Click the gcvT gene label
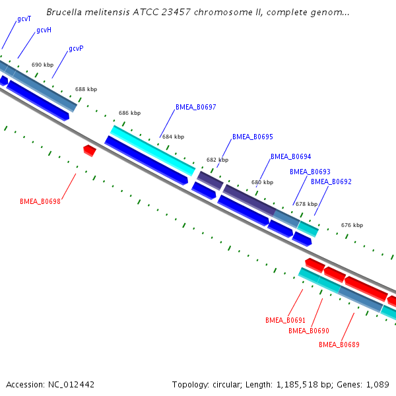(x=24, y=19)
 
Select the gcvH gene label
(x=44, y=30)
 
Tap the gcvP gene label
(x=76, y=49)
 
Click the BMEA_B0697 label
(x=195, y=107)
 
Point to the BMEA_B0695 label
(x=252, y=137)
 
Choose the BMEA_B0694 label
(x=290, y=156)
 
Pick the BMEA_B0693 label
(x=310, y=172)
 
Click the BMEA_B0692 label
(x=331, y=181)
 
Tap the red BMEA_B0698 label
(x=40, y=201)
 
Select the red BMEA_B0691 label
(x=285, y=320)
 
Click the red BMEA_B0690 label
(x=308, y=331)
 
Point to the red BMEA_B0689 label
(x=339, y=345)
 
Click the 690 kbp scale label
(x=42, y=65)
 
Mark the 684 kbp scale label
(x=173, y=137)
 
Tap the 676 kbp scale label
(x=352, y=225)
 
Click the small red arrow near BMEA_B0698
(x=90, y=150)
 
